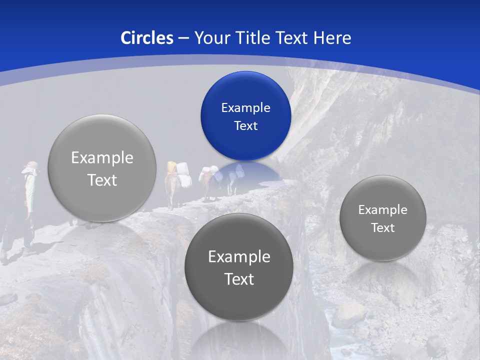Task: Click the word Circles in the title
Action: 147,38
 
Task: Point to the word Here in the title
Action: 332,38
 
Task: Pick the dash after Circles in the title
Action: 183,38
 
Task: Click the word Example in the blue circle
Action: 245,108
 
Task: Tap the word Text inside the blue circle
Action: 245,126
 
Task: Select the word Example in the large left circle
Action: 102,158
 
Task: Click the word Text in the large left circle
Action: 102,180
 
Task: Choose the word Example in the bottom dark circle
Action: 239,257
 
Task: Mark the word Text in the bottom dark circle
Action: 239,279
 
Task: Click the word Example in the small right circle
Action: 382,210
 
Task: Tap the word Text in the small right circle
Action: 382,228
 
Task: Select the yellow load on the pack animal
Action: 172,167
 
